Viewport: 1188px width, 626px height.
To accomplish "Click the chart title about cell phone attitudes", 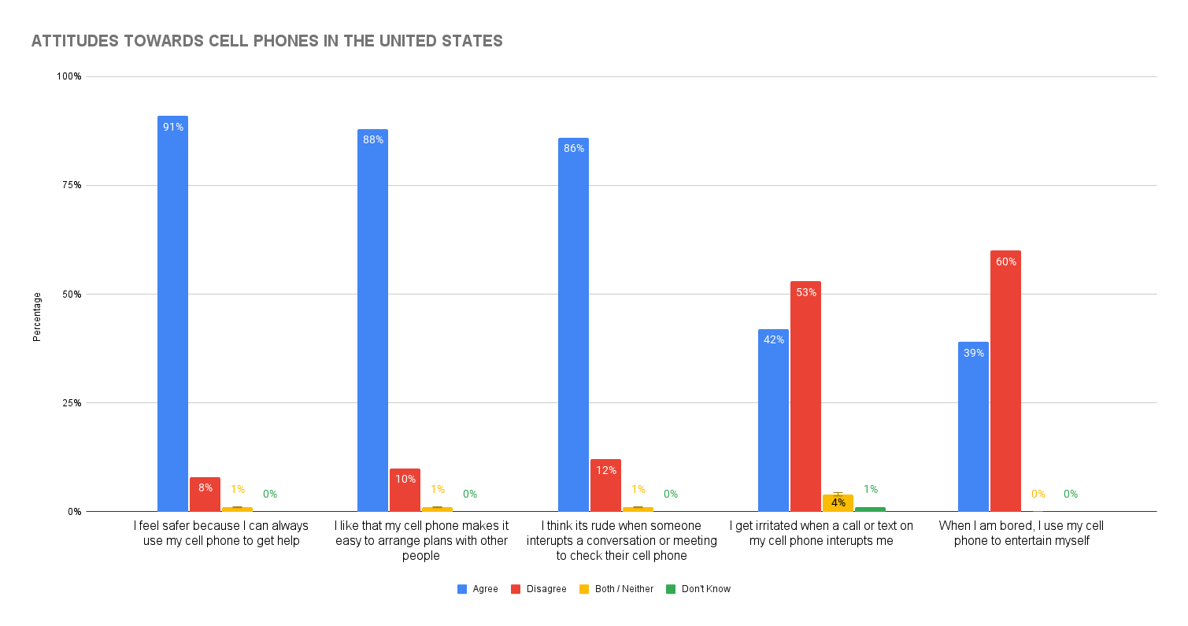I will tap(267, 42).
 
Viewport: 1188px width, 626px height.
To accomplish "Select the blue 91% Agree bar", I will tap(172, 315).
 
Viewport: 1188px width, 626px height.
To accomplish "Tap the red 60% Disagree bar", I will tap(1005, 382).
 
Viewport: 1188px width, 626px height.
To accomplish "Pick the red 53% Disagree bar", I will tap(805, 396).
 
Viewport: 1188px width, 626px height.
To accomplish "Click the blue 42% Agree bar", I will tap(773, 420).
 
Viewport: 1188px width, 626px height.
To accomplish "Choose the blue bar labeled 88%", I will tap(372, 321).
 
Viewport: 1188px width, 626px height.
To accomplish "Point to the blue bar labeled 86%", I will tap(573, 325).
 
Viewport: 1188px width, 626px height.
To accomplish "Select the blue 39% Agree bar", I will tap(973, 427).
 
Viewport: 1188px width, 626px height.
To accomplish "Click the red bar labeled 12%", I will tap(605, 486).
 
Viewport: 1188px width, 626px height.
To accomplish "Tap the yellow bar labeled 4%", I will tap(838, 503).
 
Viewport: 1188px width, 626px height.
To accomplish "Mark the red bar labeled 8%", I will tap(205, 495).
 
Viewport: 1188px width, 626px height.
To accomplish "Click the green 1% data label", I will tap(870, 489).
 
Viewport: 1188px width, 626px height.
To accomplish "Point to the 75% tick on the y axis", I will tap(72, 185).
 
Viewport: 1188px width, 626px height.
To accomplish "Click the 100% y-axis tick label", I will tap(69, 76).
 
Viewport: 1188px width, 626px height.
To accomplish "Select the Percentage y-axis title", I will tap(37, 317).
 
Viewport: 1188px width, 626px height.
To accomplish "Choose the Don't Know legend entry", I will tap(698, 589).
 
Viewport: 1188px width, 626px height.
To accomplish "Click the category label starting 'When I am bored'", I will tap(1021, 533).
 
